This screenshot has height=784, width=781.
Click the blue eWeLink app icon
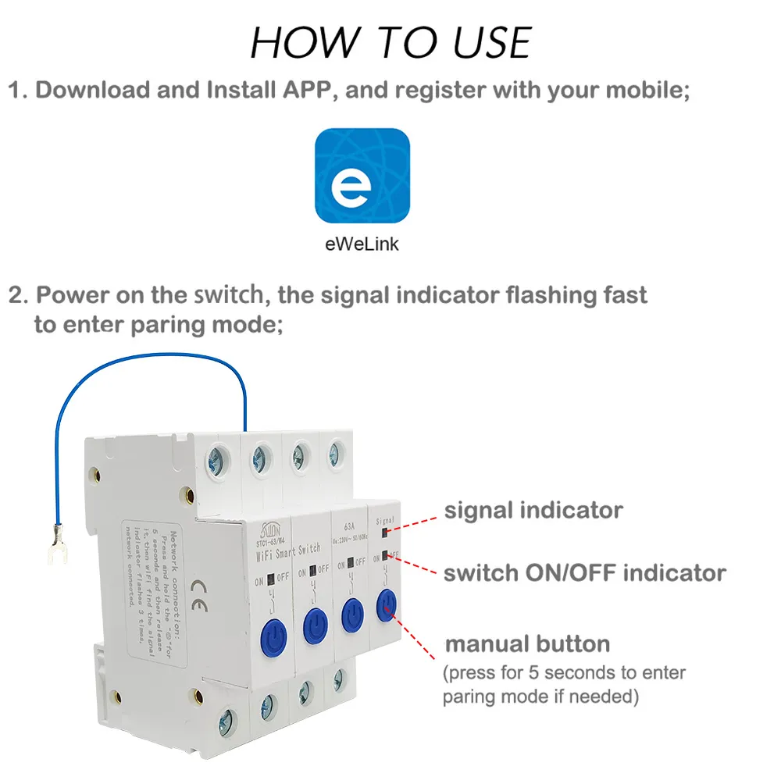pos(362,176)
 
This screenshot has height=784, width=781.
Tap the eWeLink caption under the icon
pos(362,244)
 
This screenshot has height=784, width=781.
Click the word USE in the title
pos(478,43)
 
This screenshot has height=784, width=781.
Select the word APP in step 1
pos(302,90)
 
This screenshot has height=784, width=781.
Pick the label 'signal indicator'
pos(533,511)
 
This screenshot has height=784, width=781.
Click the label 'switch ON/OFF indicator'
pos(584,573)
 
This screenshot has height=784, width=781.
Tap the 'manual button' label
pos(527,644)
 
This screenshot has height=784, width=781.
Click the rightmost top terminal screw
pos(337,451)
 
